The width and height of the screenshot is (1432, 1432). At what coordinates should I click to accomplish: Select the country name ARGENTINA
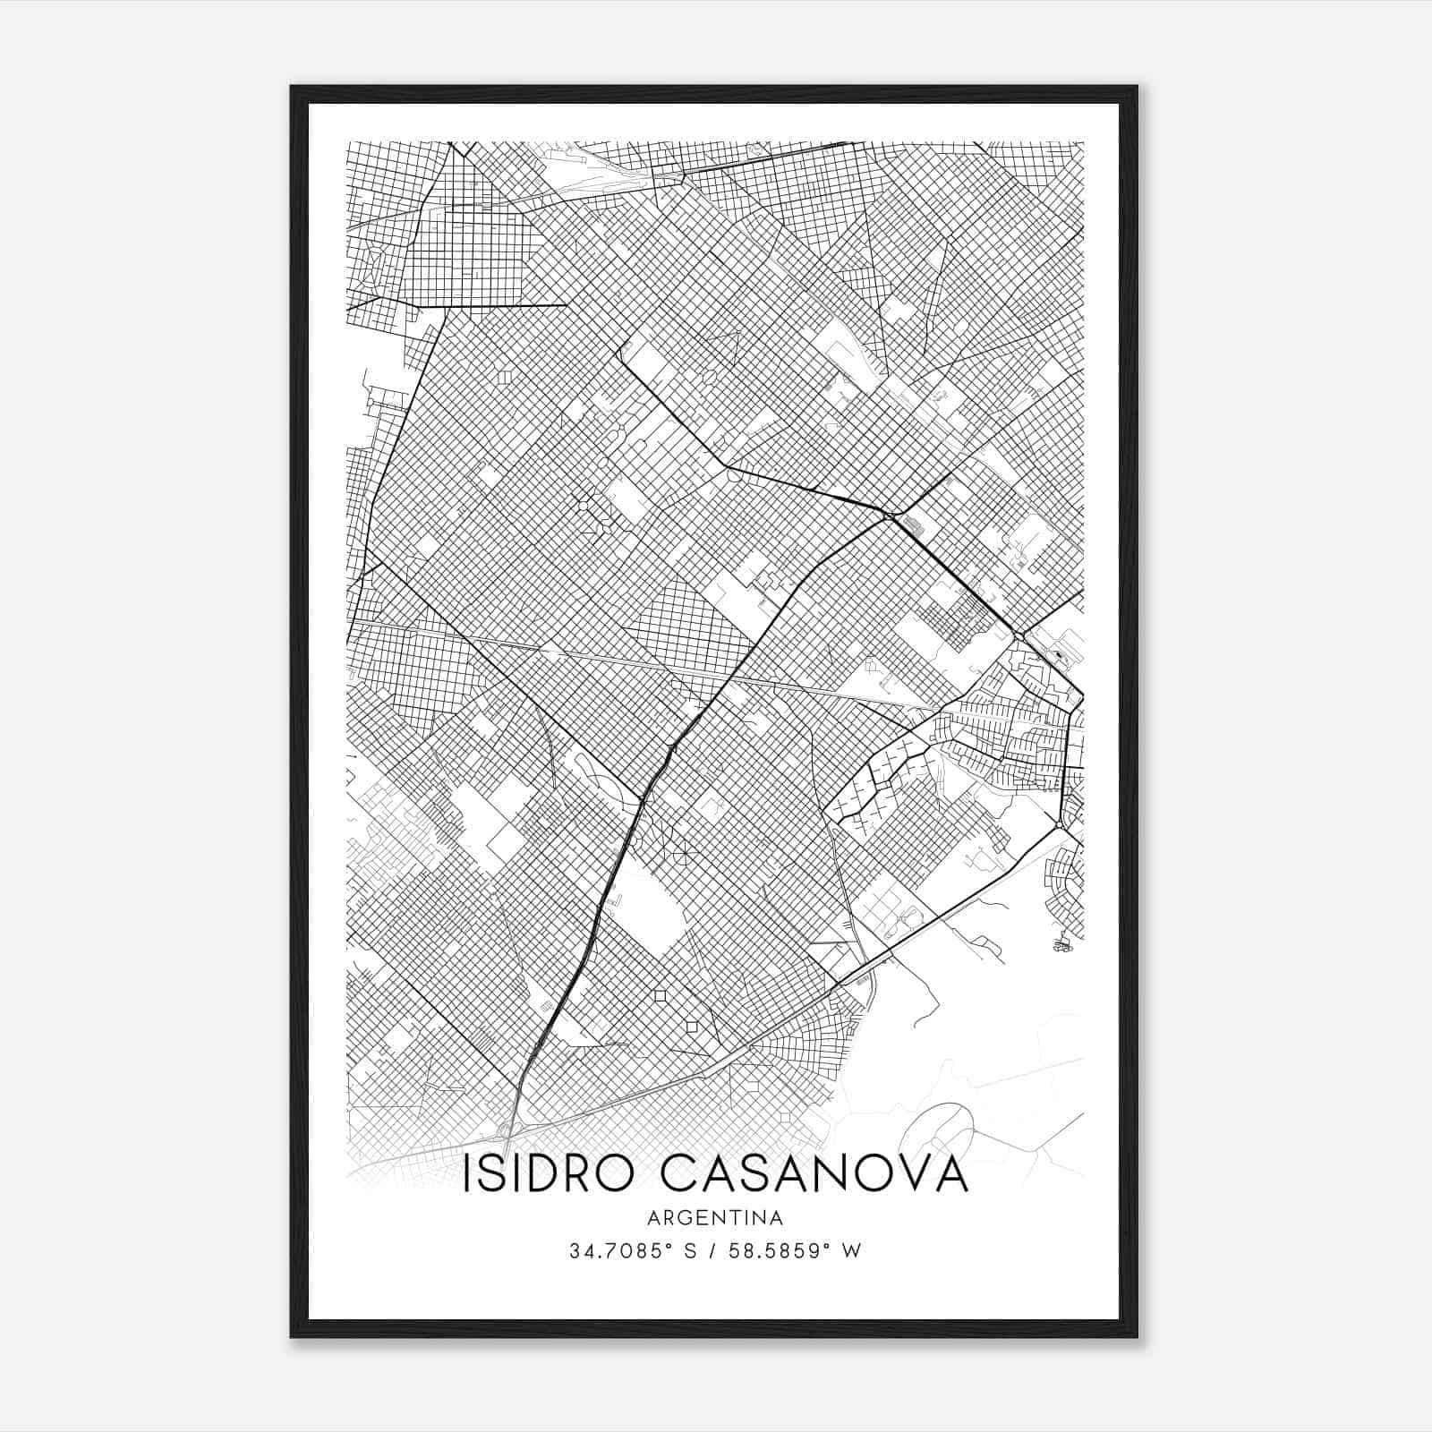715,1218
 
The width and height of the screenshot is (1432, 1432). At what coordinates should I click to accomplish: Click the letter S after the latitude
689,1251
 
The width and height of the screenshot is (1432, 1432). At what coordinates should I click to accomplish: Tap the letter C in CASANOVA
690,1175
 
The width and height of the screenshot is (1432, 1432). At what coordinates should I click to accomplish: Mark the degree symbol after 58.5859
826,1246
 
